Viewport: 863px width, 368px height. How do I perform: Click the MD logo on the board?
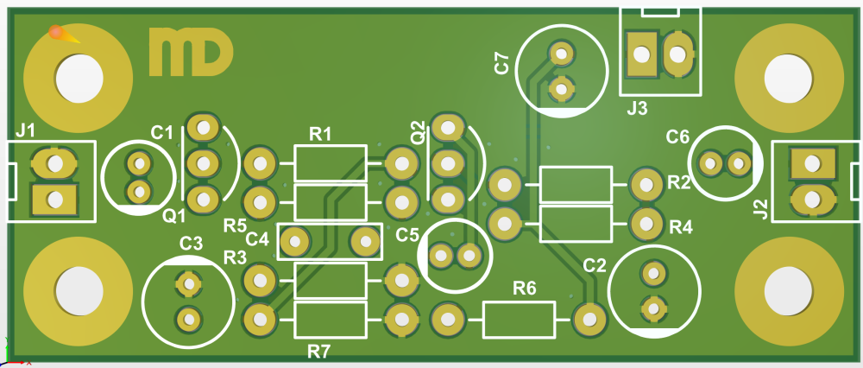(190, 52)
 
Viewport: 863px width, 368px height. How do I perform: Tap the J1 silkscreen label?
(26, 131)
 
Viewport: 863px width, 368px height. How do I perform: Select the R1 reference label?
(320, 134)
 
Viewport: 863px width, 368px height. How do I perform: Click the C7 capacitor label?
(501, 63)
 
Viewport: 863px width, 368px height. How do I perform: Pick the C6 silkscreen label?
(677, 136)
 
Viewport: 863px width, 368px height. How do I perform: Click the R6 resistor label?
(524, 287)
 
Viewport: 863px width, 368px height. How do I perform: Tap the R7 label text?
(319, 351)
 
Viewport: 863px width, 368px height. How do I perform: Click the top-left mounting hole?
(79, 77)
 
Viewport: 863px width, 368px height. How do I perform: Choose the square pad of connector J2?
(811, 162)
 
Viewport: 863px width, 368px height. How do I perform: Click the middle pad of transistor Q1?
(203, 162)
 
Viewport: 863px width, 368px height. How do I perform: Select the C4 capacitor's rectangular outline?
(328, 241)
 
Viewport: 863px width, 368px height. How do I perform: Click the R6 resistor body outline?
(519, 320)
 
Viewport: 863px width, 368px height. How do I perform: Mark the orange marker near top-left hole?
(58, 34)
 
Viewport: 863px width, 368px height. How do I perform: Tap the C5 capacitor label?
(407, 234)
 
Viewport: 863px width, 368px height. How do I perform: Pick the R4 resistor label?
(681, 227)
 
